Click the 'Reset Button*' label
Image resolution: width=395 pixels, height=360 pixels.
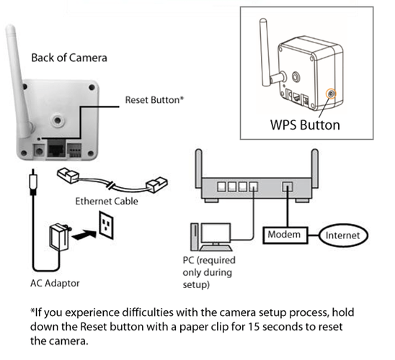(154, 100)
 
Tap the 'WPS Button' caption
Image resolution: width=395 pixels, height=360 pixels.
(305, 125)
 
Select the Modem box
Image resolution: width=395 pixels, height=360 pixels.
(285, 235)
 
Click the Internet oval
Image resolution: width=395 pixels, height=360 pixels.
(343, 235)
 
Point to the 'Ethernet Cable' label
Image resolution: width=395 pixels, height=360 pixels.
(107, 202)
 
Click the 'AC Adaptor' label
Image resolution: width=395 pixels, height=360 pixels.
(55, 283)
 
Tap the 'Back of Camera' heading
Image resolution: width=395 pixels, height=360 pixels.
(69, 58)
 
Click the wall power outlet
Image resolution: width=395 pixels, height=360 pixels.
(106, 225)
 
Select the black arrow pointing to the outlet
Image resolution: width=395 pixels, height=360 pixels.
(84, 235)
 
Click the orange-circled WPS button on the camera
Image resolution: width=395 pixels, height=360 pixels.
(331, 94)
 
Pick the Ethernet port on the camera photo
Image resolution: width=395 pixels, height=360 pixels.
(56, 149)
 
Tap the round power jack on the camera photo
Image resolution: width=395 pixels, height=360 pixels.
(39, 150)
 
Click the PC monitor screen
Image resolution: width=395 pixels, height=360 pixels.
(216, 233)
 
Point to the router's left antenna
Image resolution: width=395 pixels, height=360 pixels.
(199, 168)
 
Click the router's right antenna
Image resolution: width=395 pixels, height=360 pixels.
(315, 168)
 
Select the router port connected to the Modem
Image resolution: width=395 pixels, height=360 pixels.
(287, 186)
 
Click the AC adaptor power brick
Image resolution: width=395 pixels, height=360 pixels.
(59, 237)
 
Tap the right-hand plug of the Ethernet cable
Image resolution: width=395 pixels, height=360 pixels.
(157, 185)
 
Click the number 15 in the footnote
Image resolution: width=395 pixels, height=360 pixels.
(254, 327)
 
